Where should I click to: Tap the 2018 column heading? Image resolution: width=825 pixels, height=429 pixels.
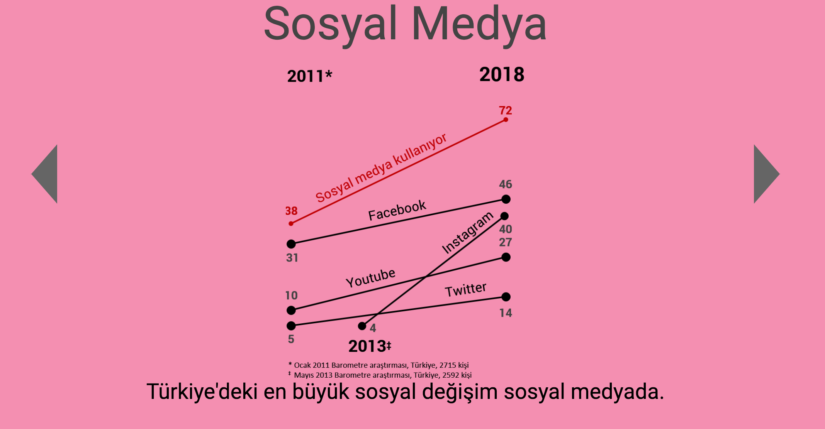coord(502,74)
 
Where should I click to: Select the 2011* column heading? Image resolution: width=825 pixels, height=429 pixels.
coord(309,76)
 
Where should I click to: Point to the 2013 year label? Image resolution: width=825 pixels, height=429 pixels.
coord(370,346)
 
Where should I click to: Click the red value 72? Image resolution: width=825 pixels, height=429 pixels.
coord(505,110)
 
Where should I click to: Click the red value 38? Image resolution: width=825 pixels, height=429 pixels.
coord(291,211)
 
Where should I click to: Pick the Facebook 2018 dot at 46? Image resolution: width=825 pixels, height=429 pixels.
coord(506,199)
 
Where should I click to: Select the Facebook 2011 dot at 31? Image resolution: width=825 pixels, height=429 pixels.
coord(291,244)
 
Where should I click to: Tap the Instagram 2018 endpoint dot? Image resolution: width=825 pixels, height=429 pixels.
coord(504,216)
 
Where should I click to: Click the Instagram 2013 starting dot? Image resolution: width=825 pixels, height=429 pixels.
coord(362,326)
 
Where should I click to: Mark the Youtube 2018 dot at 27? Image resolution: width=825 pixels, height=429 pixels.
coord(506,257)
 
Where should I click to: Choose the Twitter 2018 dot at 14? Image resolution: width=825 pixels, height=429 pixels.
coord(506,297)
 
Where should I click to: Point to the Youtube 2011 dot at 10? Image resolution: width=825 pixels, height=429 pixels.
coord(291,310)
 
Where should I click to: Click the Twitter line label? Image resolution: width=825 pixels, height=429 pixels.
coord(465,290)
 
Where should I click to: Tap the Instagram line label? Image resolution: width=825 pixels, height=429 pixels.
coord(467,233)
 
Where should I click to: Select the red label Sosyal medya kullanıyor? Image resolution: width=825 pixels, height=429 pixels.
coord(381,168)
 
